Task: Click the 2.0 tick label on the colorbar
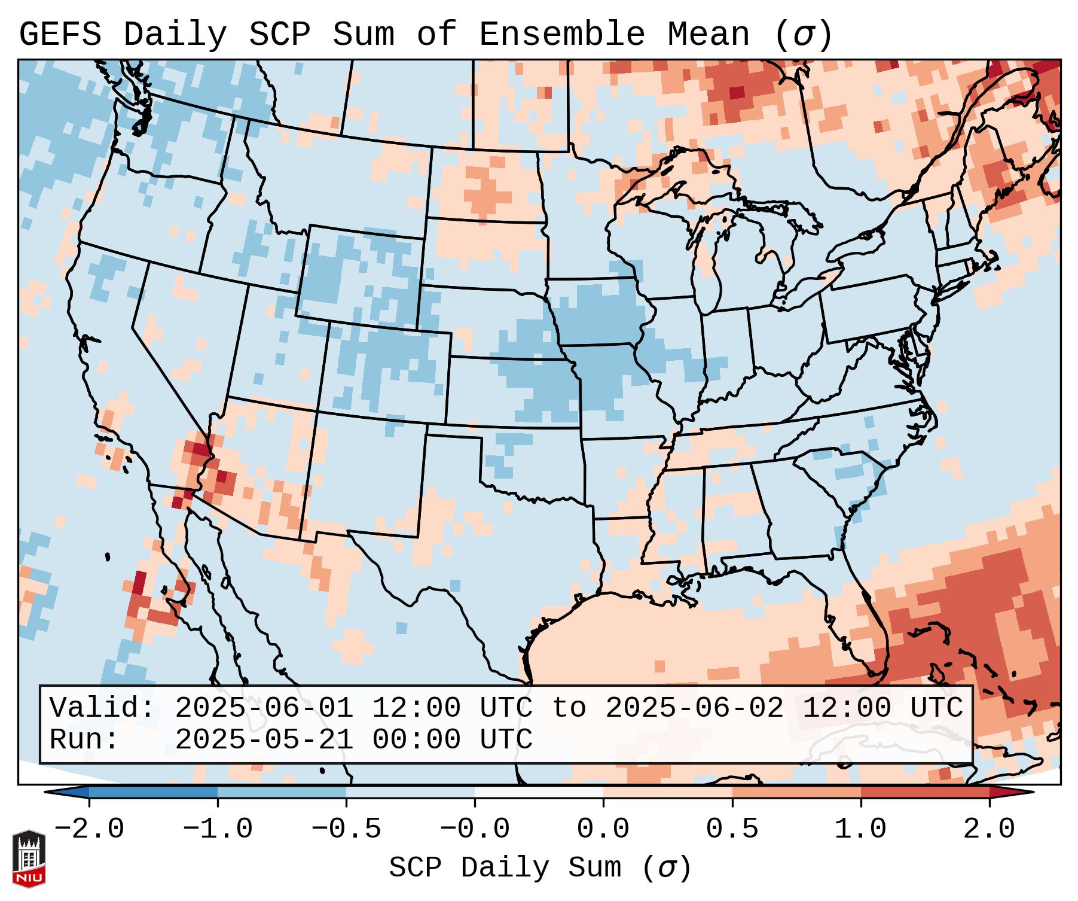click(x=989, y=829)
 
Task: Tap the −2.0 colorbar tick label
click(x=89, y=829)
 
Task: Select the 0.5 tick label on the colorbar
click(x=732, y=829)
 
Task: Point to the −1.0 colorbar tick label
click(x=218, y=829)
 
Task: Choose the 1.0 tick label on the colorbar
click(x=860, y=829)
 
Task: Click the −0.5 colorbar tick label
click(x=346, y=829)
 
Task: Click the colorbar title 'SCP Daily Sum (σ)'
click(x=540, y=867)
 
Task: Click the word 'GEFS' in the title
click(x=60, y=35)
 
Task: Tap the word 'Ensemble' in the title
click(x=561, y=35)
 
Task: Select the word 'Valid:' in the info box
click(x=102, y=708)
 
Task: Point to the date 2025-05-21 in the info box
click(x=264, y=739)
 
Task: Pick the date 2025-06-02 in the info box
click(x=694, y=708)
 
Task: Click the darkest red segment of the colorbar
click(x=1010, y=792)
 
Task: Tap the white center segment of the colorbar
click(x=539, y=792)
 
